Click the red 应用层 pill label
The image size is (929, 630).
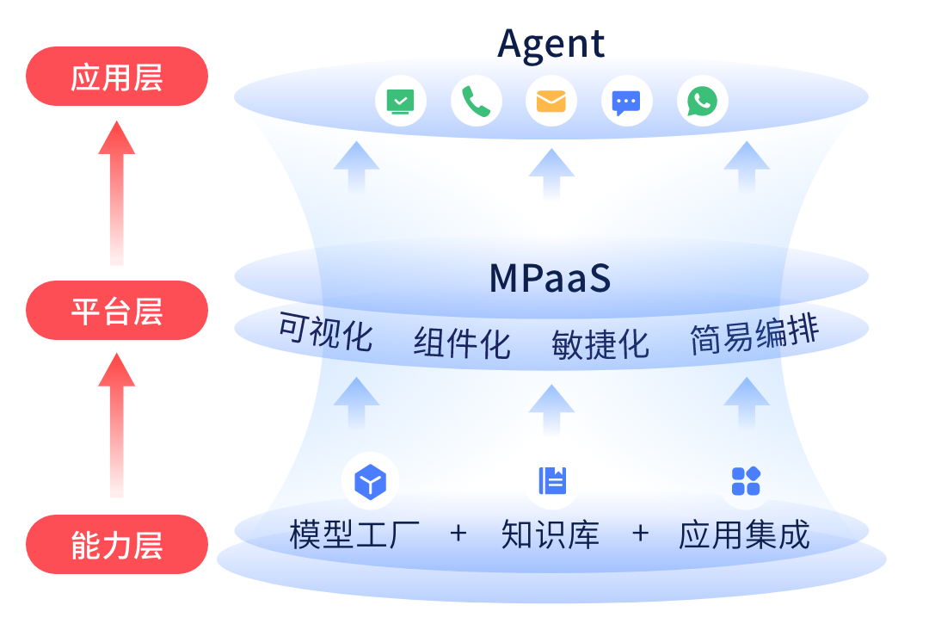pyautogui.click(x=117, y=77)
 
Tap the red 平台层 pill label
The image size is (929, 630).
pyautogui.click(x=117, y=311)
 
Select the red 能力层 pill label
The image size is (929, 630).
pyautogui.click(x=117, y=545)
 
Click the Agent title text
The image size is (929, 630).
pyautogui.click(x=551, y=43)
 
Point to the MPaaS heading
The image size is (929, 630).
pyautogui.click(x=550, y=278)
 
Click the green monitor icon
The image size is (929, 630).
pyautogui.click(x=400, y=102)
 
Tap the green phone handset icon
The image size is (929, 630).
pyautogui.click(x=476, y=102)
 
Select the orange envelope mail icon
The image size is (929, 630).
pyautogui.click(x=551, y=102)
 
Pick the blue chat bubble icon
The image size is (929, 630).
pyautogui.click(x=626, y=102)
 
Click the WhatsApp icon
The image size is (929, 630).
pyautogui.click(x=702, y=102)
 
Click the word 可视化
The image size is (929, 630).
pyautogui.click(x=325, y=333)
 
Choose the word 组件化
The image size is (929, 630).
pyautogui.click(x=462, y=343)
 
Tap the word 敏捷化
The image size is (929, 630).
pyautogui.click(x=600, y=343)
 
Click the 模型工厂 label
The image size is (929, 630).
pyautogui.click(x=354, y=534)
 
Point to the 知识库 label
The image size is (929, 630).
pyautogui.click(x=551, y=534)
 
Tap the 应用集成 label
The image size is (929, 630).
pyautogui.click(x=744, y=534)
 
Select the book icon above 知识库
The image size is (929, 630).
pyautogui.click(x=551, y=480)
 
